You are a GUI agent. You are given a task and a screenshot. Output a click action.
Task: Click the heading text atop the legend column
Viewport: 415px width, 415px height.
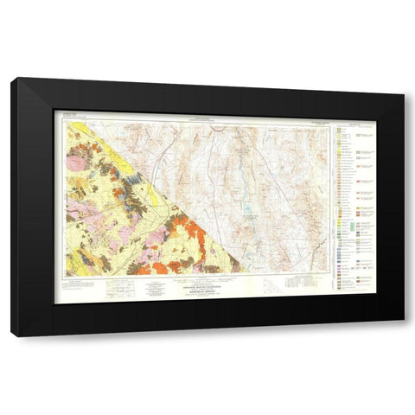(x=359, y=125)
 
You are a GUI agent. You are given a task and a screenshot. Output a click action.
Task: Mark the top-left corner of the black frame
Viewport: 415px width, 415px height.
(x=12, y=80)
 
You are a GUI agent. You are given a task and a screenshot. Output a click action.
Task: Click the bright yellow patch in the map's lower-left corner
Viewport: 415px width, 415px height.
(x=73, y=267)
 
